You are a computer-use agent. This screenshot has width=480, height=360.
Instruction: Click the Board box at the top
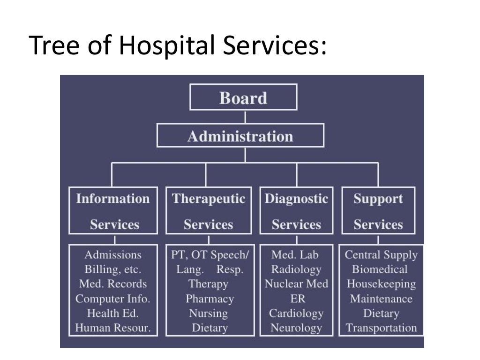pyautogui.click(x=243, y=97)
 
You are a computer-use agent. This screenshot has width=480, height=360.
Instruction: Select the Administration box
pyautogui.click(x=240, y=136)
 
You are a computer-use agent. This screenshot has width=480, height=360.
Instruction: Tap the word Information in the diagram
pyautogui.click(x=113, y=198)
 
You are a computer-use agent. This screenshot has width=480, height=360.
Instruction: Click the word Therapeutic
pyautogui.click(x=208, y=198)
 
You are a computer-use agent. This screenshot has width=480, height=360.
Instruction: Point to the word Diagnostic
pyautogui.click(x=296, y=198)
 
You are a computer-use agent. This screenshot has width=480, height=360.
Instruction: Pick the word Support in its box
pyautogui.click(x=378, y=198)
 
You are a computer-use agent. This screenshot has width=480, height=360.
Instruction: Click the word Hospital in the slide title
pyautogui.click(x=166, y=45)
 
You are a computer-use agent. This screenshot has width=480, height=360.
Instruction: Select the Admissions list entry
pyautogui.click(x=112, y=255)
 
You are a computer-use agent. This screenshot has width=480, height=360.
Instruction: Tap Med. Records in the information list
pyautogui.click(x=112, y=284)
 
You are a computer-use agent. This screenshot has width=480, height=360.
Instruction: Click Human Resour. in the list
pyautogui.click(x=112, y=328)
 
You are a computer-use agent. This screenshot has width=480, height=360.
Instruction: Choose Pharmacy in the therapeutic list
pyautogui.click(x=209, y=299)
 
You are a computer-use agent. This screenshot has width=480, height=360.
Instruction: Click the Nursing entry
pyautogui.click(x=208, y=313)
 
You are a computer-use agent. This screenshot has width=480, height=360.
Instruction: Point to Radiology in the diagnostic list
pyautogui.click(x=296, y=269)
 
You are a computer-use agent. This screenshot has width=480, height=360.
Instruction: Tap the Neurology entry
pyautogui.click(x=296, y=328)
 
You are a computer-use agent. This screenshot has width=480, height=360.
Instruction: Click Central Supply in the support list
pyautogui.click(x=381, y=255)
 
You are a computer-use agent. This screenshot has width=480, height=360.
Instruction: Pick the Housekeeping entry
pyautogui.click(x=381, y=284)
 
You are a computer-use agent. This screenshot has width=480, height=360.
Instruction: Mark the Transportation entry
pyautogui.click(x=381, y=328)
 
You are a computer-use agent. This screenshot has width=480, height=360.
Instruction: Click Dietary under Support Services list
pyautogui.click(x=381, y=313)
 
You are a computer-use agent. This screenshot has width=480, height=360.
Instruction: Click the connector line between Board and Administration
pyautogui.click(x=245, y=117)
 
